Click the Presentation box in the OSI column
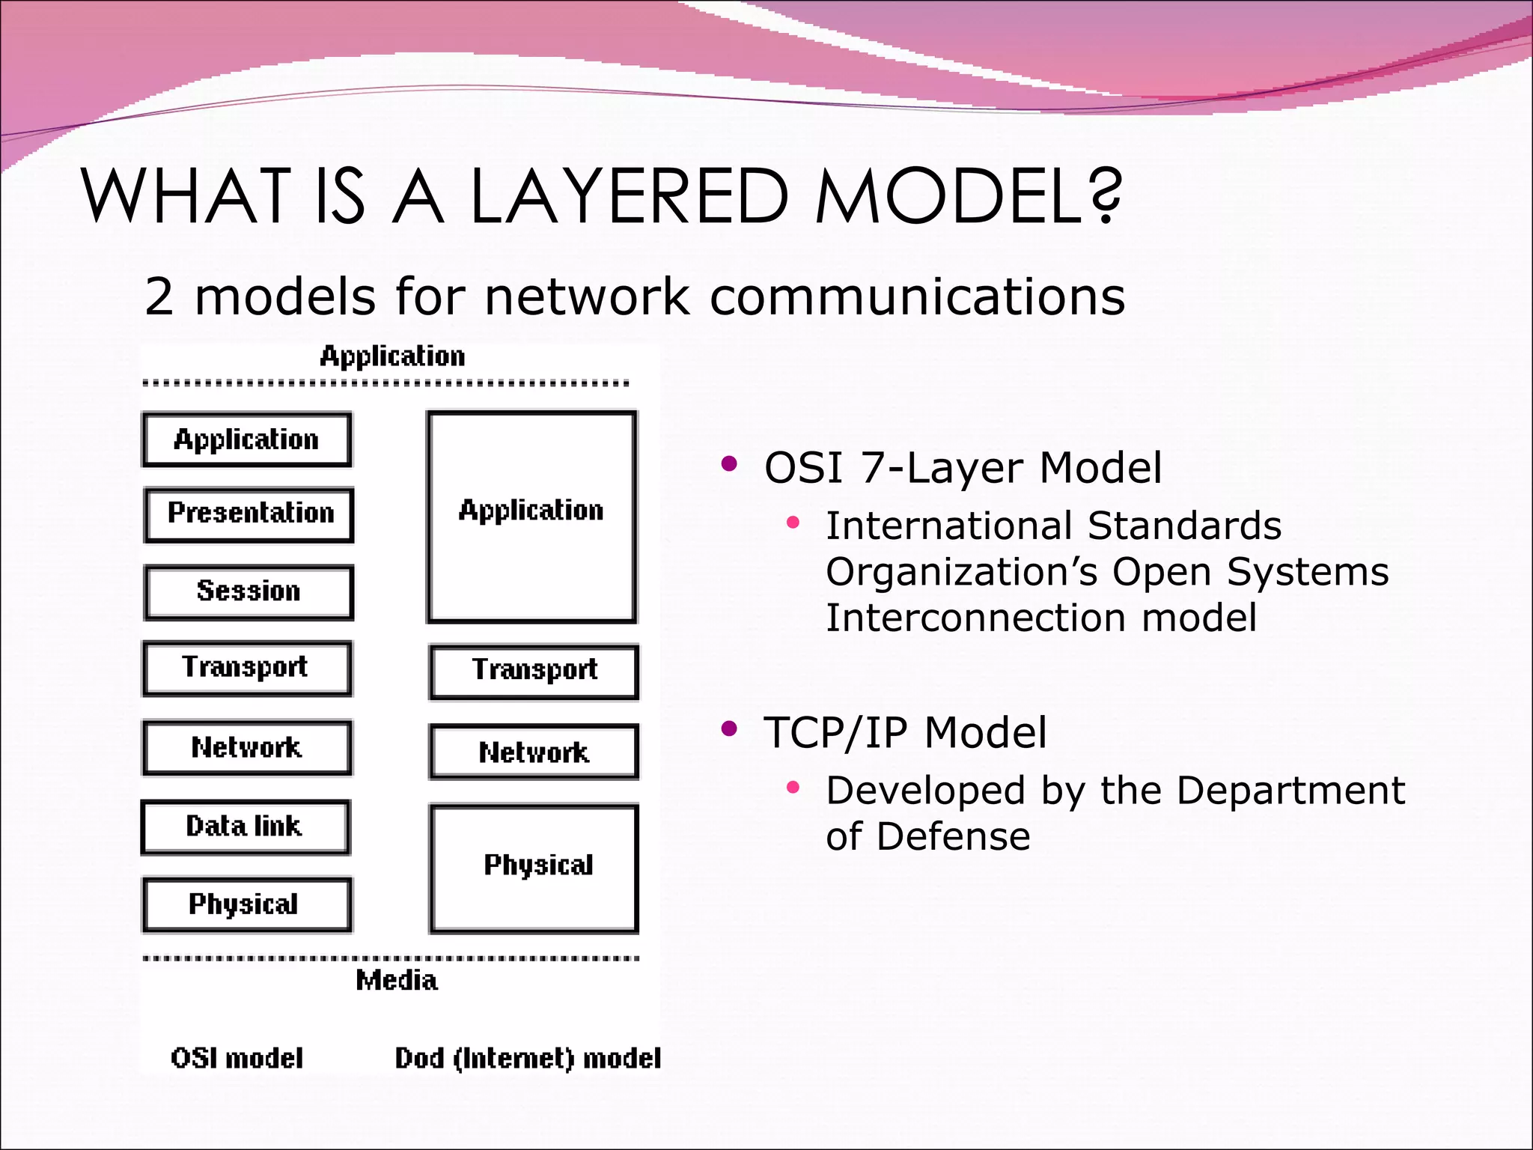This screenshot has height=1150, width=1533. (x=249, y=514)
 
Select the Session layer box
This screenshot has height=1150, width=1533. (x=249, y=592)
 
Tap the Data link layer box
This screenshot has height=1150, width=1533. (x=246, y=827)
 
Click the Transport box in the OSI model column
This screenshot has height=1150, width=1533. (x=247, y=668)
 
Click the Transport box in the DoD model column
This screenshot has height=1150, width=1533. (x=534, y=672)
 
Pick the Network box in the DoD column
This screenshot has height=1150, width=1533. (x=534, y=752)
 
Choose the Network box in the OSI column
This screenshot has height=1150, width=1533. (x=247, y=747)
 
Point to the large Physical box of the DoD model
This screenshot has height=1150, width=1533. (x=534, y=868)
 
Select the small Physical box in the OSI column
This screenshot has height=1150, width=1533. (x=247, y=904)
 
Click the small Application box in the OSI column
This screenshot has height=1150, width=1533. (x=247, y=439)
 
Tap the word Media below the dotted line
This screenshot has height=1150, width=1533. (x=397, y=980)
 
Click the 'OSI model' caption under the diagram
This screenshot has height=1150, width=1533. (x=237, y=1058)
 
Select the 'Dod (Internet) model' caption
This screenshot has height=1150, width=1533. (x=528, y=1058)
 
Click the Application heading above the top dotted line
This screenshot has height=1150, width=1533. (x=392, y=356)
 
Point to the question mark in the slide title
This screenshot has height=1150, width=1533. (x=1105, y=196)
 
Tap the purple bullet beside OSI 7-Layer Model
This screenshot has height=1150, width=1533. (x=729, y=464)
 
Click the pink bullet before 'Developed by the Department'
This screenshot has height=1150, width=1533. (x=793, y=787)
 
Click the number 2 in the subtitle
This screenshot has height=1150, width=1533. (x=159, y=296)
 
